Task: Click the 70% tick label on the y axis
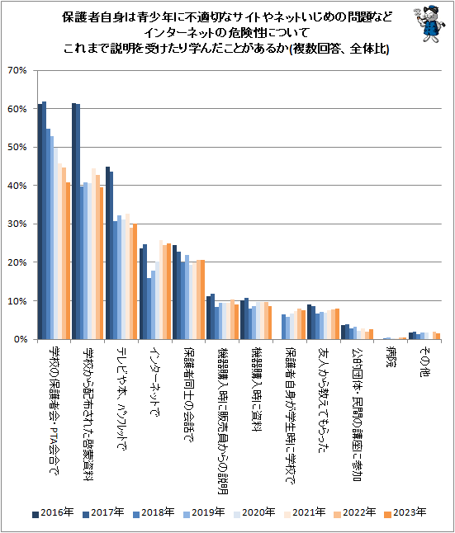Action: pyautogui.click(x=17, y=70)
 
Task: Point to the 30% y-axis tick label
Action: pyautogui.click(x=17, y=224)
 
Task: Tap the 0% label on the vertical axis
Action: pyautogui.click(x=20, y=339)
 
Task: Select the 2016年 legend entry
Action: pyautogui.click(x=53, y=512)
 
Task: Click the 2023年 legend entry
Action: pyautogui.click(x=405, y=512)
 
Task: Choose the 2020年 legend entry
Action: pyautogui.click(x=254, y=512)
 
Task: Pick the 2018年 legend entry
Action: pyautogui.click(x=154, y=512)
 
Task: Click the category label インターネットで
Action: pyautogui.click(x=155, y=381)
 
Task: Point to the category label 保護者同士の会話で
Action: pyautogui.click(x=189, y=394)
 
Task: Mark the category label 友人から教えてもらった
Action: pyautogui.click(x=324, y=399)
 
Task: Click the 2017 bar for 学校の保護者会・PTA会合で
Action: pyautogui.click(x=44, y=220)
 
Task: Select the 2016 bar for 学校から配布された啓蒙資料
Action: pyautogui.click(x=73, y=221)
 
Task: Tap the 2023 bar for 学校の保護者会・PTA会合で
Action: pyautogui.click(x=68, y=261)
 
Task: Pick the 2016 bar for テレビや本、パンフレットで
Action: pyautogui.click(x=107, y=253)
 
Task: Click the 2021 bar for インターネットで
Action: pyautogui.click(x=161, y=290)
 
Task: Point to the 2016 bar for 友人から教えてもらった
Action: pyautogui.click(x=309, y=322)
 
